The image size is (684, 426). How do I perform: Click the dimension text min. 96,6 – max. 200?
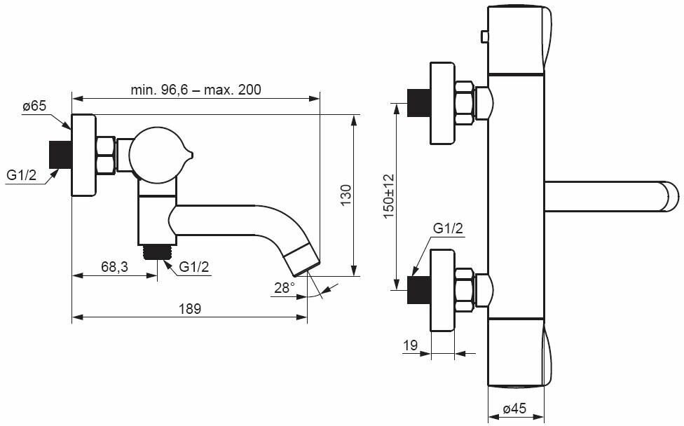click(196, 90)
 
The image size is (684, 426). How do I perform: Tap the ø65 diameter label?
click(34, 106)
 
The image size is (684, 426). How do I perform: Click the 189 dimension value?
click(189, 308)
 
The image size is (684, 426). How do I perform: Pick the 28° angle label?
click(285, 287)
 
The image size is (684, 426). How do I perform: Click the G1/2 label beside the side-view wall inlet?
click(22, 175)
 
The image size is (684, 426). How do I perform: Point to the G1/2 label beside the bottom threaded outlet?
click(194, 267)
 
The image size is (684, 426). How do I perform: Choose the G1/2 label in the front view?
click(448, 228)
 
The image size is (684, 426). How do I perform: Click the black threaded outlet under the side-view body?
click(159, 251)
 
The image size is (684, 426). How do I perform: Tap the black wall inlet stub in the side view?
click(61, 155)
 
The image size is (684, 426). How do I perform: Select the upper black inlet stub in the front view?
click(419, 104)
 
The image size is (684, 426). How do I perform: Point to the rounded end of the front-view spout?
click(669, 195)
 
